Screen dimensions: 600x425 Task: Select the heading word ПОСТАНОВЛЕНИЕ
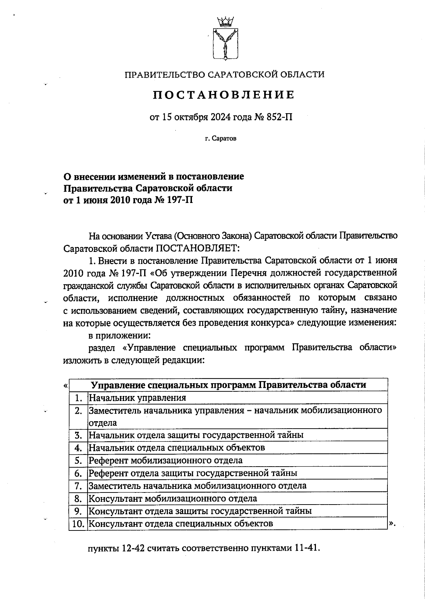(x=224, y=95)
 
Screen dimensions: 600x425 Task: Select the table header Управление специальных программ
(x=228, y=385)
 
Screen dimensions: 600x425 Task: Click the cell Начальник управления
(x=137, y=398)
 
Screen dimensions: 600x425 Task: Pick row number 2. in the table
(x=78, y=411)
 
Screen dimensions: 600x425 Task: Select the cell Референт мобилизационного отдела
(x=165, y=460)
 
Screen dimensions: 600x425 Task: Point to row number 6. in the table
(x=78, y=473)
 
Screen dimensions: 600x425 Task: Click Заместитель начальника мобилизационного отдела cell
(x=197, y=485)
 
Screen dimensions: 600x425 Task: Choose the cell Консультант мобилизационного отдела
(x=172, y=498)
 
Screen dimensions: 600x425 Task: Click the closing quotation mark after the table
(x=391, y=523)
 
